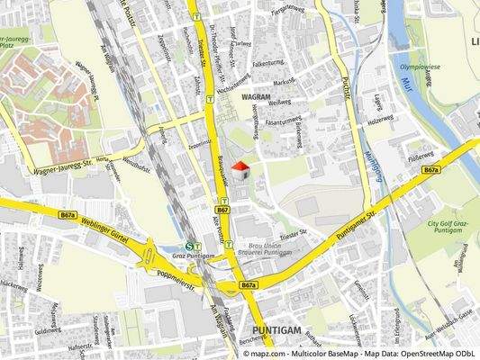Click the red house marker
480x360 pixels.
240,169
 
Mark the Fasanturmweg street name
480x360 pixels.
283,120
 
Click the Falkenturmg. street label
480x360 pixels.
269,64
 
